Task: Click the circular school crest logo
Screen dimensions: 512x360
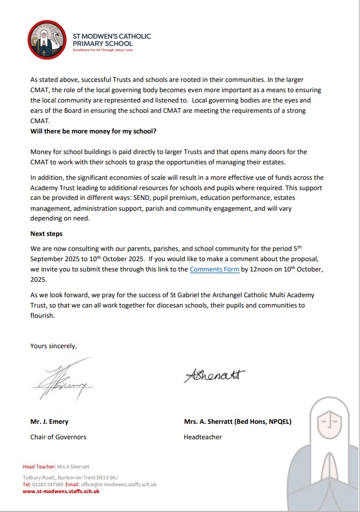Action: tap(48, 40)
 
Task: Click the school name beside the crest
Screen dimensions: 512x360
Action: tap(111, 40)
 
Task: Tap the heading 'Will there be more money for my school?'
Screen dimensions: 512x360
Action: tap(93, 131)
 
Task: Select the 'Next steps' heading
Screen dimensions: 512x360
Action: tap(46, 234)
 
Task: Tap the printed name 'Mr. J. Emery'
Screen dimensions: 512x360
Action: tap(49, 422)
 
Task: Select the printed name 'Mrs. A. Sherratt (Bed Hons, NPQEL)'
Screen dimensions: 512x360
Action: tap(238, 422)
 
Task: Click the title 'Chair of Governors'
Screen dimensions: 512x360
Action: tap(58, 437)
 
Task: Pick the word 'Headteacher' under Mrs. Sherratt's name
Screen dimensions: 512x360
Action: tap(203, 437)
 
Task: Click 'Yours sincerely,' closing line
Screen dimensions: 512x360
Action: tap(53, 345)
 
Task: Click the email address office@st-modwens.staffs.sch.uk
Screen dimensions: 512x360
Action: tap(120, 484)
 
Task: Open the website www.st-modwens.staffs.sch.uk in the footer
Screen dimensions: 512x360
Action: tap(61, 491)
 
